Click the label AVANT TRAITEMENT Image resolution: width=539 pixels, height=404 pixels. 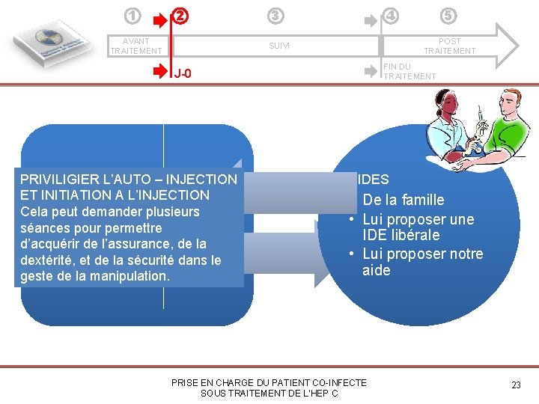pos(135,46)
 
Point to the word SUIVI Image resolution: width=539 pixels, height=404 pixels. pos(278,46)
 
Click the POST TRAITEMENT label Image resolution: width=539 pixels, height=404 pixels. pos(449,46)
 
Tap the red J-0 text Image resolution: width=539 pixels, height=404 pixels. pos(183,73)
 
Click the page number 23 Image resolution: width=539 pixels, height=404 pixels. pos(516,385)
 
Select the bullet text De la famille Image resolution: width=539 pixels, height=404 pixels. pos(404,200)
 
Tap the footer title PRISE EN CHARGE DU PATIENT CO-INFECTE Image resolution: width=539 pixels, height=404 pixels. pos(269,382)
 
